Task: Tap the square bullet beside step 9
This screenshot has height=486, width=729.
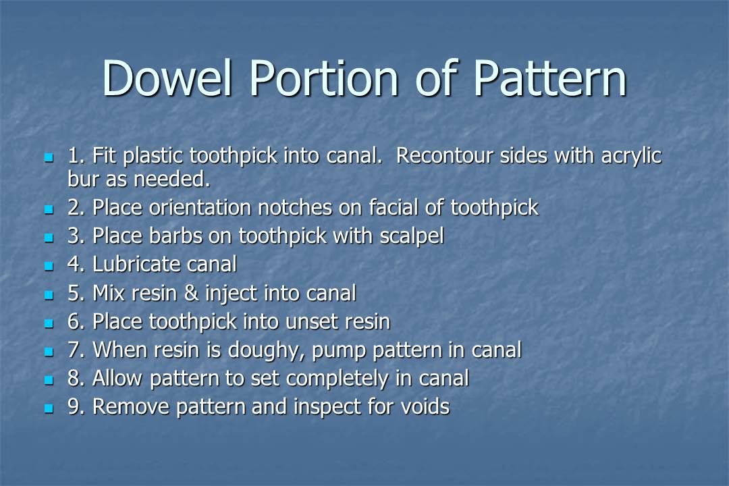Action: [x=48, y=408]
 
